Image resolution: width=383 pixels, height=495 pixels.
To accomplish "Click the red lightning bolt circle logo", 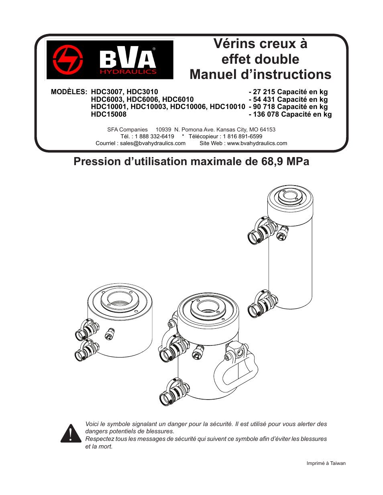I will coord(68,60).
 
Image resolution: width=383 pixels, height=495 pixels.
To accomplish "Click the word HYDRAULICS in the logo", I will coord(128,72).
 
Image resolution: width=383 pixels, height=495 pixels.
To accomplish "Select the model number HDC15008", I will coord(108,114).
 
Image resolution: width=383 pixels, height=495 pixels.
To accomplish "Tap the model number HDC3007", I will coord(107,92).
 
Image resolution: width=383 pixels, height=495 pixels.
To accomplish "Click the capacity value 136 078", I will coord(266,114).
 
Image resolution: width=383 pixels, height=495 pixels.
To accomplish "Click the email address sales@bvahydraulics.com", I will coord(153,143).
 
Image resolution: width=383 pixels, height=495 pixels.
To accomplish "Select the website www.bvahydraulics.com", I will coord(257,143).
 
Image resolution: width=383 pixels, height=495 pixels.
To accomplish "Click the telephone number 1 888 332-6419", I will coord(155,136).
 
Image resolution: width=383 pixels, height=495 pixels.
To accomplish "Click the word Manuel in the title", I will coord(213,75).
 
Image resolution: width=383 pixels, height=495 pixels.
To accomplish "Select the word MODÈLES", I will coord(69,92).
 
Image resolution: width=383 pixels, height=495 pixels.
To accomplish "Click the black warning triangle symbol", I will coord(71,434).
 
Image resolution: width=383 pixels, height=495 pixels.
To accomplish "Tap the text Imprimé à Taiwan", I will coord(326,463).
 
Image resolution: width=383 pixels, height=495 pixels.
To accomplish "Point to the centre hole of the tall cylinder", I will coord(290,196).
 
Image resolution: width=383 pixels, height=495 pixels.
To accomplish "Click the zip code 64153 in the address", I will coord(267,129).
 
